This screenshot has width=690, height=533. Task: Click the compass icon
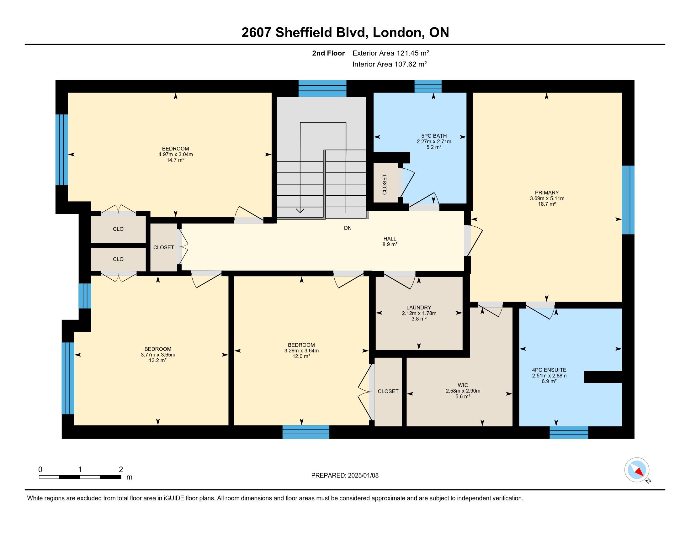[x=637, y=470]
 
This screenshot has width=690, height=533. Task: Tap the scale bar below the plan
[x=80, y=477]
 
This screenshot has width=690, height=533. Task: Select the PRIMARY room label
[x=547, y=193]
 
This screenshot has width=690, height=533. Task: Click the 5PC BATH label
[x=434, y=136]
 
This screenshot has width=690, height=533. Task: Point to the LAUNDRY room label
[x=419, y=308]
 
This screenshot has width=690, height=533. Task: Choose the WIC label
[x=463, y=385]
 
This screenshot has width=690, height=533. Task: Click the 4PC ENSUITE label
[x=549, y=370]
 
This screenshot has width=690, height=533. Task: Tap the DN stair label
[x=348, y=228]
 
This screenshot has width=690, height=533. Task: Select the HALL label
[x=390, y=239]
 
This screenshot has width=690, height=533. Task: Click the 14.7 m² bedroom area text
[x=175, y=160]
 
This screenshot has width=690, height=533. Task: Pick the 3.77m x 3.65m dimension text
[x=158, y=355]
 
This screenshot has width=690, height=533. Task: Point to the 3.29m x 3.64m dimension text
[x=301, y=351]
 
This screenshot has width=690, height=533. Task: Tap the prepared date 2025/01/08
[x=363, y=476]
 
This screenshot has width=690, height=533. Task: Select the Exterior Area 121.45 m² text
[x=391, y=53]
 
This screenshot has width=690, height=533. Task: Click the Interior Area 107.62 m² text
[x=390, y=64]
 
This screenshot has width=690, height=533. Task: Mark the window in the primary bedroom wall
[x=628, y=200]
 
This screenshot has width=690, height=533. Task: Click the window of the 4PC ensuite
[x=569, y=432]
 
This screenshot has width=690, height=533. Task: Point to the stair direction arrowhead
[x=300, y=210]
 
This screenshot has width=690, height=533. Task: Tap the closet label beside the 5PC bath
[x=385, y=184]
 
